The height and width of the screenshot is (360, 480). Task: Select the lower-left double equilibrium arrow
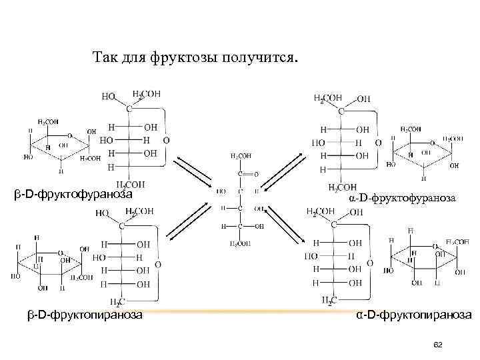point(189,223)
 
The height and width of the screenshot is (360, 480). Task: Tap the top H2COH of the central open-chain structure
point(241,155)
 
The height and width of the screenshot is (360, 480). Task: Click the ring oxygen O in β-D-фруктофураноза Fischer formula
point(166,141)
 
